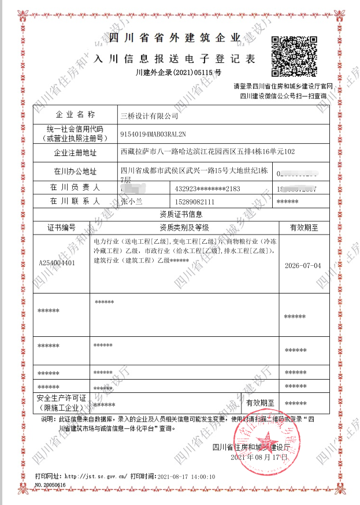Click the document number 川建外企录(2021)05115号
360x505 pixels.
(178, 73)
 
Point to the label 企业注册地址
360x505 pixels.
(75, 153)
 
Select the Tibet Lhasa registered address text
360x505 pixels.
(207, 153)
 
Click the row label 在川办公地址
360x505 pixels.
(75, 172)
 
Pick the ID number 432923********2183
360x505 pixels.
(207, 189)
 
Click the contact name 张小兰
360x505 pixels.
(133, 201)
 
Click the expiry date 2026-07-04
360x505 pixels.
(303, 266)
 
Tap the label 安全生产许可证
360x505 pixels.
(61, 398)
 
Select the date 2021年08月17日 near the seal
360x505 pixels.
(259, 457)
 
